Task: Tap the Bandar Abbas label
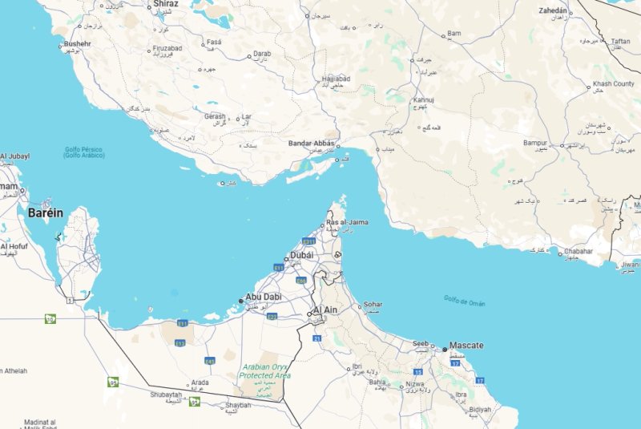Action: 311,144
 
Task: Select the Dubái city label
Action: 301,255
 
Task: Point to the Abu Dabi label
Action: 263,297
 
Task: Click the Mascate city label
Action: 466,346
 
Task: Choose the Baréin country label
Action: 45,213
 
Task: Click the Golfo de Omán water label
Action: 465,302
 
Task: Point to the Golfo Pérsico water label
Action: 83,152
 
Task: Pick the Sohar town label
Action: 373,305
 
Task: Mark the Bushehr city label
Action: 78,43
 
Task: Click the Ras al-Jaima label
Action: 347,222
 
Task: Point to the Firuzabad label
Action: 167,49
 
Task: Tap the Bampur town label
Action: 534,143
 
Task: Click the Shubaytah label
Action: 165,395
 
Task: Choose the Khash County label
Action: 613,84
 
